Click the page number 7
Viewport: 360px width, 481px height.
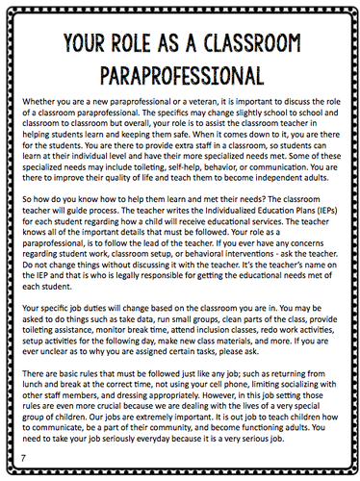[23, 449]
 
